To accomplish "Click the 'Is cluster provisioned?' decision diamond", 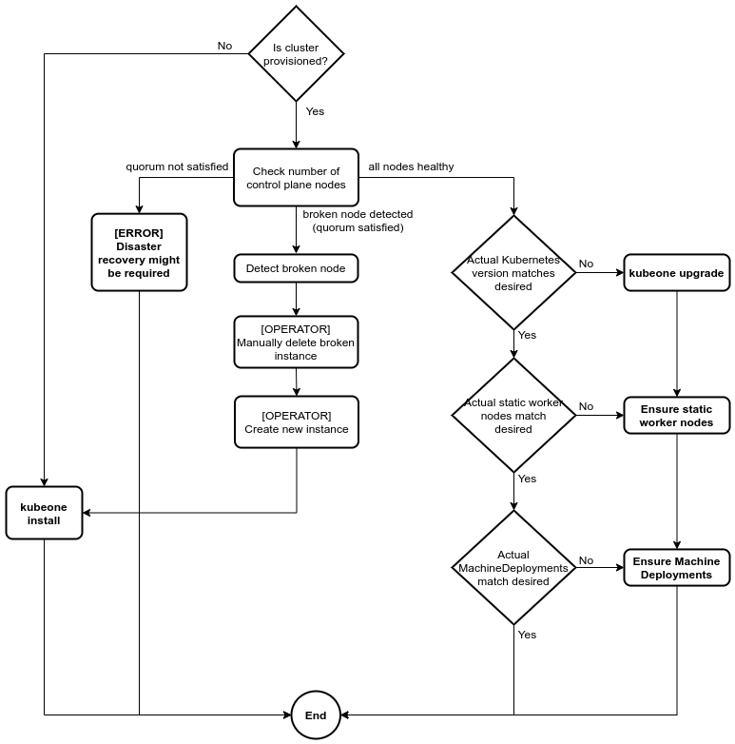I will (296, 53).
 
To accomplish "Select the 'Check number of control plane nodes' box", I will (296, 178).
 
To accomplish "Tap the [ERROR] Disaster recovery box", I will (139, 252).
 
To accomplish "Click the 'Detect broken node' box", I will (296, 268).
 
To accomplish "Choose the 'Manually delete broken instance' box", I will (296, 343).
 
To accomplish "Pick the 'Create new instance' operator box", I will (297, 422).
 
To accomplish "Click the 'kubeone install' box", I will (44, 514).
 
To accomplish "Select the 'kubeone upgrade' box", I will (676, 273).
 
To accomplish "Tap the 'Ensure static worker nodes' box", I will (676, 416).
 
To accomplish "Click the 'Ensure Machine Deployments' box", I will (676, 568).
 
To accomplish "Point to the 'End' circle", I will (316, 715).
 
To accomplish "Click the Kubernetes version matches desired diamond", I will (513, 273).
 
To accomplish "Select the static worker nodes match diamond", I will (513, 416).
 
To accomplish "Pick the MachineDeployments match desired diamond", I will (513, 568).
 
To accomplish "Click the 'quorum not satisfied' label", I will (177, 166).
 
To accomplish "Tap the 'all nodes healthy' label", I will (411, 166).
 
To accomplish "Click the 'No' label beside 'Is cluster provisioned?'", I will (224, 46).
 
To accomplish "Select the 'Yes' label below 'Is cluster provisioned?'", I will (315, 111).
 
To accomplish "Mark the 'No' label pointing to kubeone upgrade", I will (586, 264).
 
